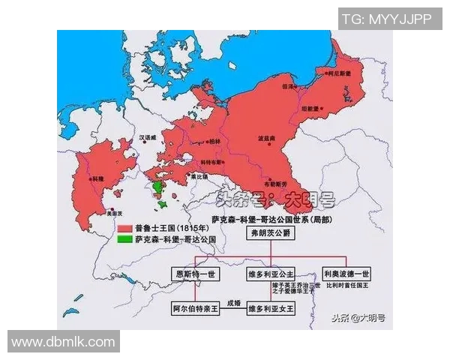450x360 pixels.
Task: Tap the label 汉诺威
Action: pos(150,137)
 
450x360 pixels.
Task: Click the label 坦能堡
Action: pos(332,106)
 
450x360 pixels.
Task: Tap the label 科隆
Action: pos(96,178)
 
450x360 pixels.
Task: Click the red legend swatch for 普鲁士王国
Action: pos(124,227)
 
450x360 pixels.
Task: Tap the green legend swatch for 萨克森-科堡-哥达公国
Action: pos(124,238)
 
